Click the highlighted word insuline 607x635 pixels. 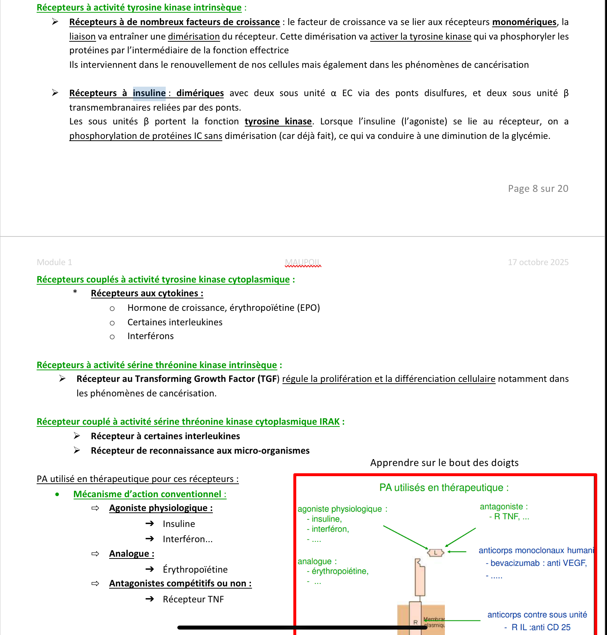pos(149,93)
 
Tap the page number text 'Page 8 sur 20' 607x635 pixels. pos(538,189)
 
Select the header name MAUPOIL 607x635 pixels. pos(303,262)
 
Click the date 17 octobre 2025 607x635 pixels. pos(538,262)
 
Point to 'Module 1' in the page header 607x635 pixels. pos(54,262)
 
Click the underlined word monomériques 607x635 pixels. pos(524,22)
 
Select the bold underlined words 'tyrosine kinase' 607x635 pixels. pos(278,121)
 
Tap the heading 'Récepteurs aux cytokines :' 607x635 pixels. pos(147,293)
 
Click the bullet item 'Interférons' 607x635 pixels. pos(150,336)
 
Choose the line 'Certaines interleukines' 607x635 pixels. pos(175,322)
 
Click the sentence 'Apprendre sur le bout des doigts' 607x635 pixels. pos(444,463)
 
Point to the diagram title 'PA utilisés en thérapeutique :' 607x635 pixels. pos(444,488)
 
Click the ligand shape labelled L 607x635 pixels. pos(435,553)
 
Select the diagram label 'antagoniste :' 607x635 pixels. pos(504,507)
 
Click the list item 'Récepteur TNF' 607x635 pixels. pos(193,599)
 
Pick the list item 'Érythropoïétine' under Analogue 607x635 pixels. pos(195,570)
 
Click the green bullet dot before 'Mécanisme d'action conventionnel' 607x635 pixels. pos(57,494)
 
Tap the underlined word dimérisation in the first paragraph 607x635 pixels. pos(194,37)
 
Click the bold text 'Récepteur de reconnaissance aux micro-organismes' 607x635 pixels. pos(200,451)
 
